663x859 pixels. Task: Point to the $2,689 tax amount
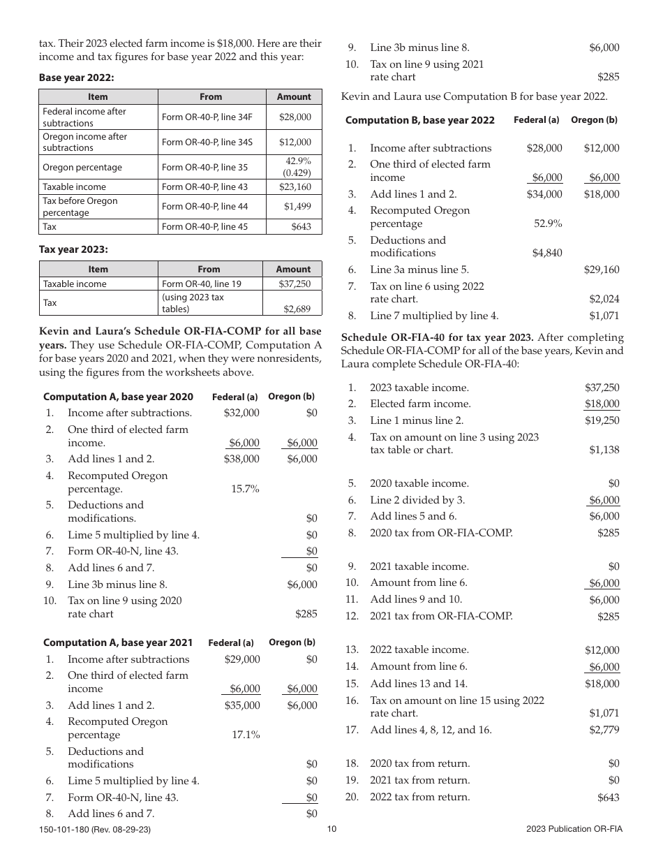click(297, 308)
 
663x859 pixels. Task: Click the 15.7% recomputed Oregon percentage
click(245, 489)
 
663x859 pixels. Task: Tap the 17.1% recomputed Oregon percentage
click(246, 735)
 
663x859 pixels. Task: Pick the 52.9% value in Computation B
click(548, 223)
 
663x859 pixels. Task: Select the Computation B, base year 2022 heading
click(420, 120)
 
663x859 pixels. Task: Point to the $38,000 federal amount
click(241, 459)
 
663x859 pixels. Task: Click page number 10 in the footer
click(331, 829)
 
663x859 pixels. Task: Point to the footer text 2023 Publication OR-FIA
click(574, 829)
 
